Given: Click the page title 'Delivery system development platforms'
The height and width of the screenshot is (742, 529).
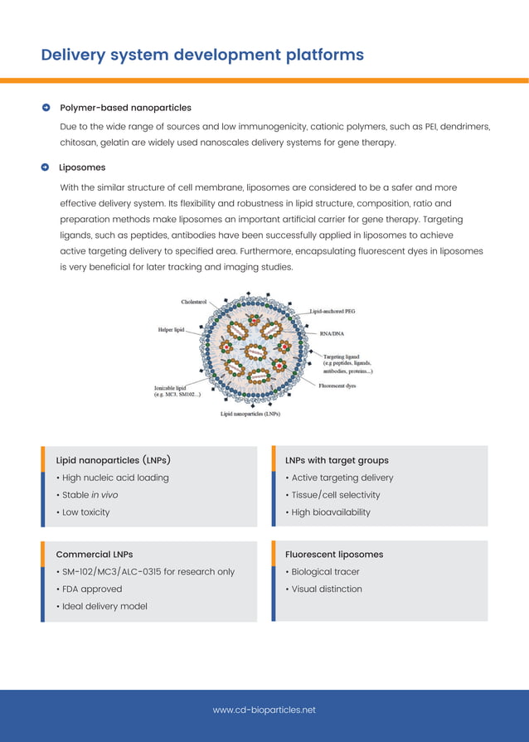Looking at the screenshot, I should tap(202, 56).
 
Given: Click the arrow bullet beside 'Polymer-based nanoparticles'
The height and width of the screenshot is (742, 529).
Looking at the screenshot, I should tap(46, 108).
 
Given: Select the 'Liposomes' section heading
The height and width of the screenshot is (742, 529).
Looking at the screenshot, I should tap(82, 167).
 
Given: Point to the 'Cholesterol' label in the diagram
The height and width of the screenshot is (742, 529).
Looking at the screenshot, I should tap(194, 302).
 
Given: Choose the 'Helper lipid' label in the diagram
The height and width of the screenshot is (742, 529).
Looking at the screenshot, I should tap(171, 330).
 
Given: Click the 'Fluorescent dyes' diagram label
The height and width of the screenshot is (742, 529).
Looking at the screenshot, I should tap(337, 386).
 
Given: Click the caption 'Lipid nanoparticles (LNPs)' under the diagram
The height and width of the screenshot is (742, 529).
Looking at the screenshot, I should tap(250, 414).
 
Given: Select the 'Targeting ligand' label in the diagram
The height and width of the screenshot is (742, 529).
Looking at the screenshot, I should tap(341, 356).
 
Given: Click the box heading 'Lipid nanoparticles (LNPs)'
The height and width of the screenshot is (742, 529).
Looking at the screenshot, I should tap(114, 460).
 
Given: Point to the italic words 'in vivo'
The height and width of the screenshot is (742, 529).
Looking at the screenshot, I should tap(104, 495).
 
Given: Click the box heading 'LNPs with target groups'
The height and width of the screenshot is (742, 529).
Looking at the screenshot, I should tap(337, 460).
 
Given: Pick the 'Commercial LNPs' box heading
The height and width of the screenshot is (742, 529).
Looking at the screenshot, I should tap(94, 555).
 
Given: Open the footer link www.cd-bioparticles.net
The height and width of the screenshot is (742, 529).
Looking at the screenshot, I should tap(264, 710).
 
